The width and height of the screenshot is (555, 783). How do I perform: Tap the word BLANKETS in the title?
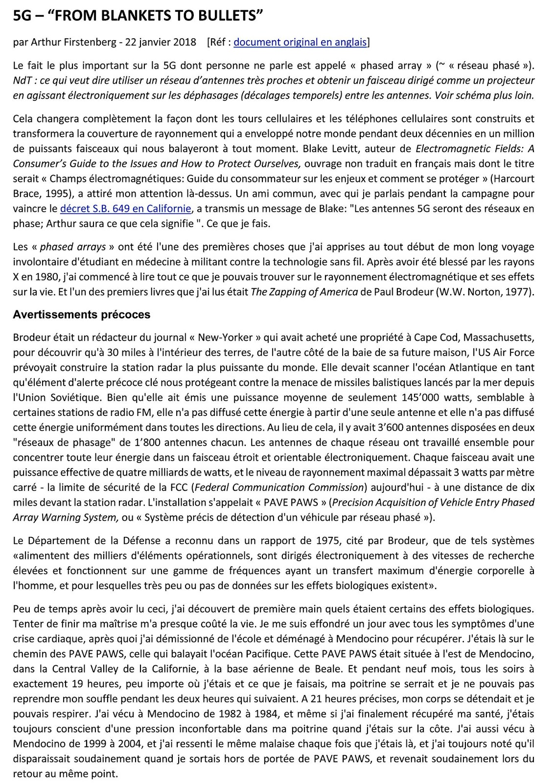point(133,16)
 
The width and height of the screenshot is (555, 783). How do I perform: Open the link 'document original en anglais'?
point(300,42)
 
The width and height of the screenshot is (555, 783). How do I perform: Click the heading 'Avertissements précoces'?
point(82,315)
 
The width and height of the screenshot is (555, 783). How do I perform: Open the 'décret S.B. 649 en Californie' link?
point(125,209)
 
